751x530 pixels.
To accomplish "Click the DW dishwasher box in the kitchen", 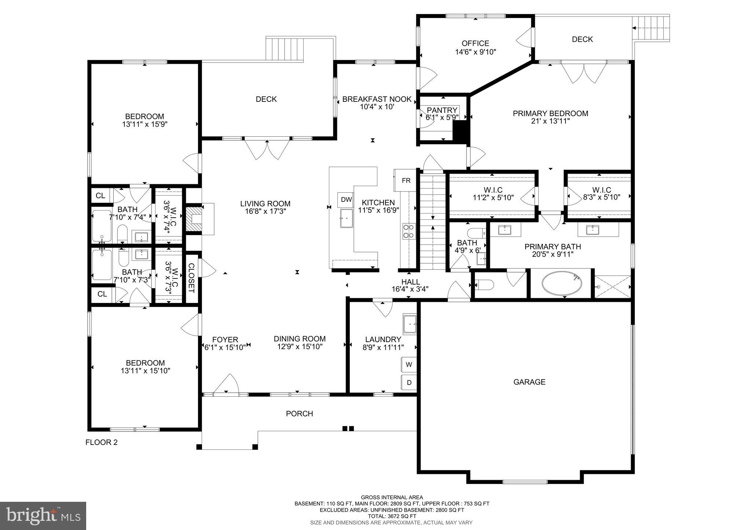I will click(346, 200).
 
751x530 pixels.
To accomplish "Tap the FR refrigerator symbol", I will click(406, 181).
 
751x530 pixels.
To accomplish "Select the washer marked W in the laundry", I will click(409, 365).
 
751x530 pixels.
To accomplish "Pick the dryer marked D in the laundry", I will click(409, 383).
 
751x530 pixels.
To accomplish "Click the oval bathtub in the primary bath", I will click(562, 283).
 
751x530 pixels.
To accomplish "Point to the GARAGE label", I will click(529, 382).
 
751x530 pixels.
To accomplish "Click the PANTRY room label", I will click(442, 110).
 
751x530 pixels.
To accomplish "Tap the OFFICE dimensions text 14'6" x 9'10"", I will click(475, 52).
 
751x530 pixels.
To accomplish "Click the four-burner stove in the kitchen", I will click(409, 231).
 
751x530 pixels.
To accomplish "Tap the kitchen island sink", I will click(347, 219).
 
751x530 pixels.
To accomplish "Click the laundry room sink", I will click(410, 324).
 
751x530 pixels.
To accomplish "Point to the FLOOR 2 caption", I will click(102, 442).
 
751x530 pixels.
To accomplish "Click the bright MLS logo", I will click(43, 516).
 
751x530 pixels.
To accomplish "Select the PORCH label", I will click(299, 414).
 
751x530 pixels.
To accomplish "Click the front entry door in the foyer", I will click(226, 385).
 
